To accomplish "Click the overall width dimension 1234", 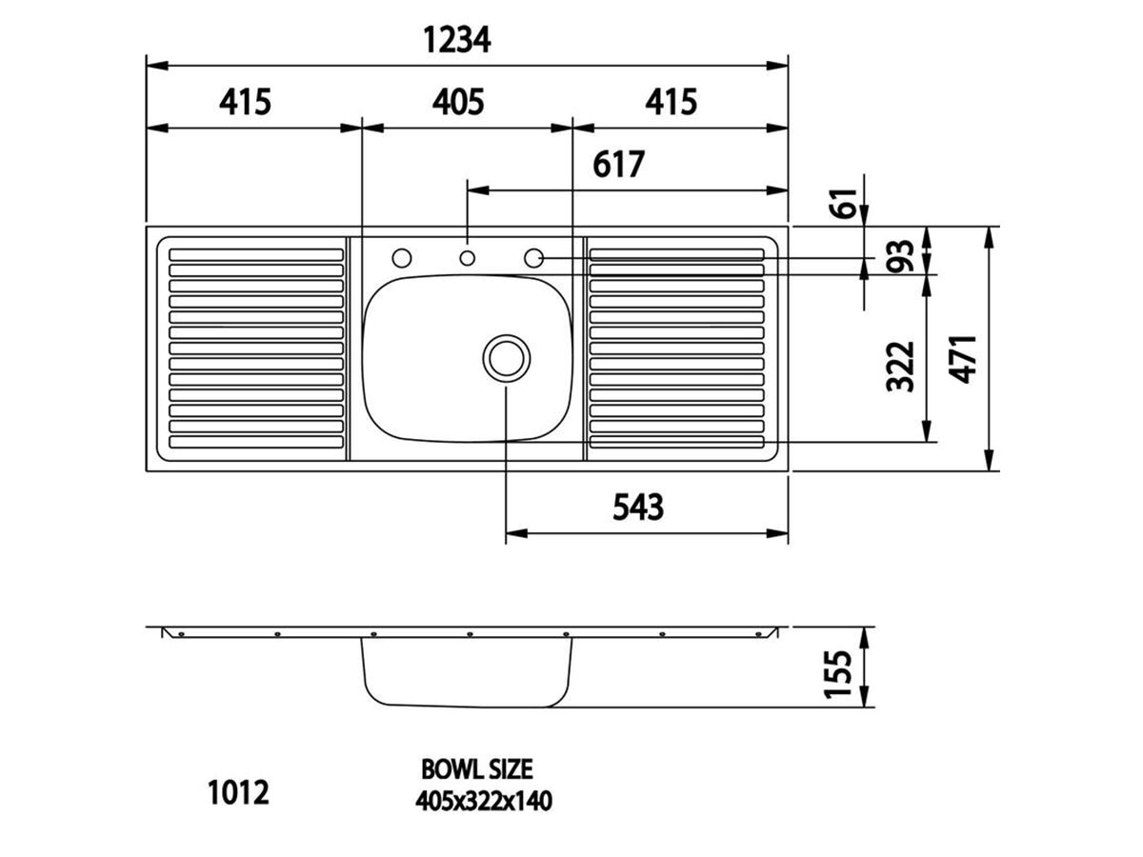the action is coord(456,40).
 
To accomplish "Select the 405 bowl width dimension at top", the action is coord(458,102).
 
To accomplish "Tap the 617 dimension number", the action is coord(618,165).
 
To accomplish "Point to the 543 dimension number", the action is coord(638,508).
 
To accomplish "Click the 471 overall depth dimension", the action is coord(962,360).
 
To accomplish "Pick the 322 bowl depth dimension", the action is coord(900,367).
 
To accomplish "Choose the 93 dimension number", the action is coord(900,255).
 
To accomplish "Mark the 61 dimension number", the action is coord(843,203).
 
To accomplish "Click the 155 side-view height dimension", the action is coord(837,673).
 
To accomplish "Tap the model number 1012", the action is coord(238,792).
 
